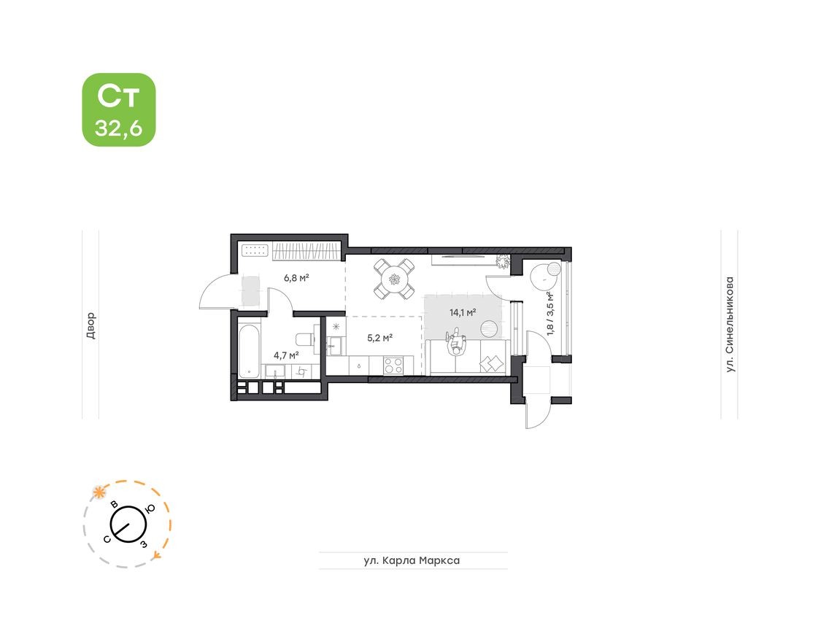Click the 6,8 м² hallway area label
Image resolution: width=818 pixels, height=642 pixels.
[296, 278]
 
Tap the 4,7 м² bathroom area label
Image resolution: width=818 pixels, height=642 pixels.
[286, 355]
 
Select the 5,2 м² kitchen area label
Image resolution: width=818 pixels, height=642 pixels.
[380, 338]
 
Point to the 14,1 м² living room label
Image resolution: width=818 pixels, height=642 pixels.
[463, 312]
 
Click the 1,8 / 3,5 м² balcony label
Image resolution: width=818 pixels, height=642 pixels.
[549, 313]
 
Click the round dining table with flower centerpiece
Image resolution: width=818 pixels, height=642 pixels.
[395, 278]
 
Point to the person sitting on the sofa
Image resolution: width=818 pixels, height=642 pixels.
[457, 341]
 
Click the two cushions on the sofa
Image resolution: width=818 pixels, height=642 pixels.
[492, 363]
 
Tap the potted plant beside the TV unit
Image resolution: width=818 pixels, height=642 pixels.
[503, 260]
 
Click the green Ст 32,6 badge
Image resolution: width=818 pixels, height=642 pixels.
[119, 110]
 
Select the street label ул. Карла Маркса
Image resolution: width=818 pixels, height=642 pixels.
[412, 560]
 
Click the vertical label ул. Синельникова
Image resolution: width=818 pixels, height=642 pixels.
[729, 325]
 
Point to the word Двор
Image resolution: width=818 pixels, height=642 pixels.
[90, 325]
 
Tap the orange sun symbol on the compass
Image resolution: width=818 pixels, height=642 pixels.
[97, 491]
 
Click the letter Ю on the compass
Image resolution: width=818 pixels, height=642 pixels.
[149, 509]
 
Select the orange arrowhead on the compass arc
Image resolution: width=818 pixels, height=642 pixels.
[156, 556]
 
